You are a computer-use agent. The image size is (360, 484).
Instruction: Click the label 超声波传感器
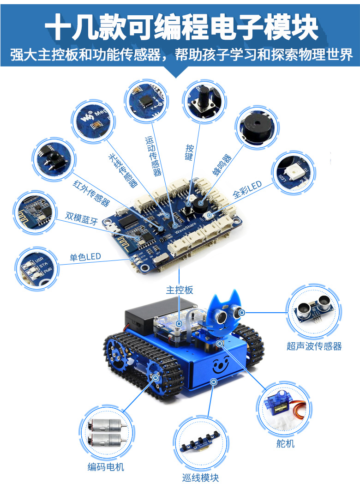click(x=314, y=346)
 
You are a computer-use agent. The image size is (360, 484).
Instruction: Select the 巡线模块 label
click(x=200, y=478)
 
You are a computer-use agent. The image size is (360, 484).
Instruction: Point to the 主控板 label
click(x=180, y=290)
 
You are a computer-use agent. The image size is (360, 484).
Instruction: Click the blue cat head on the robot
click(x=225, y=314)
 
